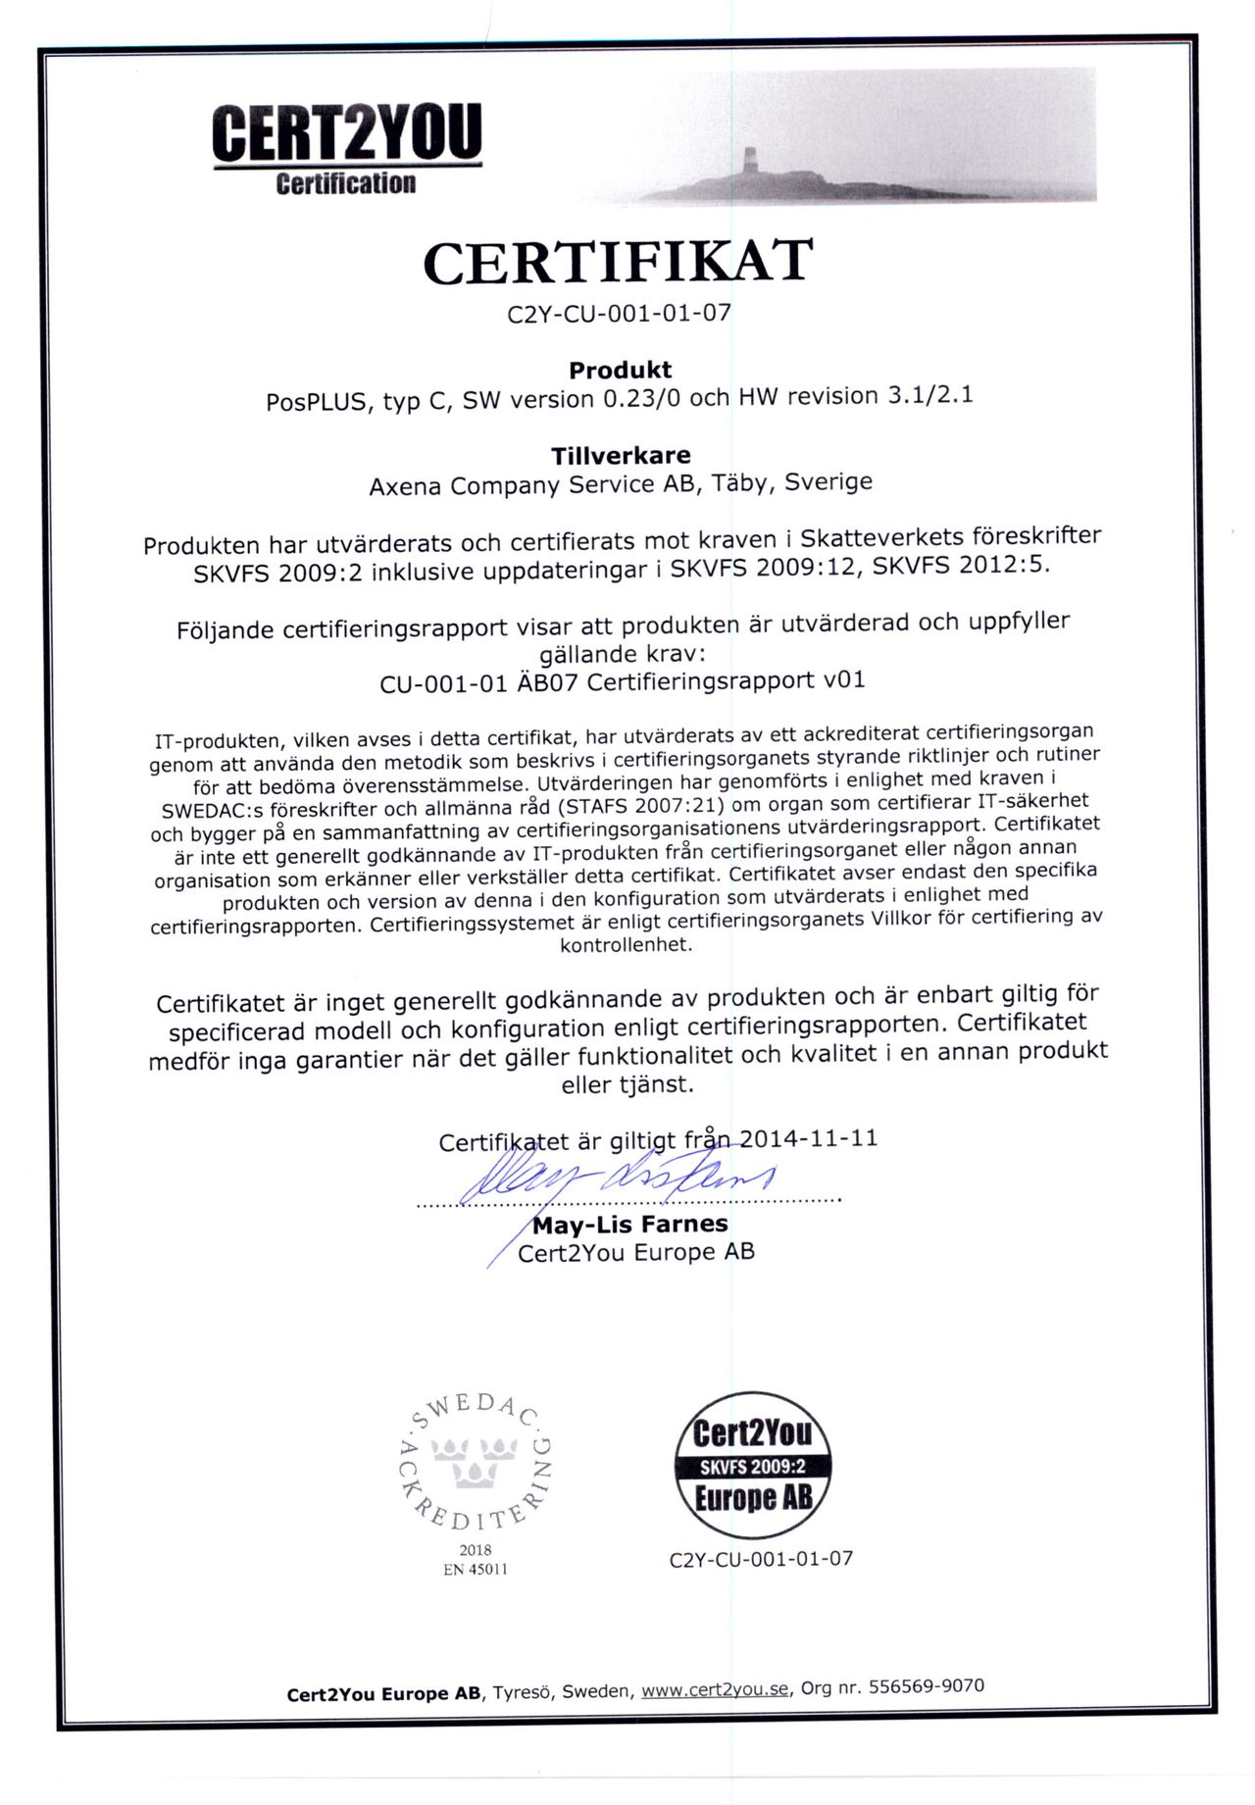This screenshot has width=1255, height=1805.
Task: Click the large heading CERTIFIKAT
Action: (x=618, y=263)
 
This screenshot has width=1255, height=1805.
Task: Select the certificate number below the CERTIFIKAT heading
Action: (x=619, y=314)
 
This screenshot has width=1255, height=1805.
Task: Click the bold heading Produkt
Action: (x=620, y=370)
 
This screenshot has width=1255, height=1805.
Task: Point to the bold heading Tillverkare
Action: (x=620, y=455)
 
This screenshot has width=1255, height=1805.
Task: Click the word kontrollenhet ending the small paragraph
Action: (x=626, y=946)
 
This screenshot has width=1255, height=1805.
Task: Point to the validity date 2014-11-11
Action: (x=808, y=1138)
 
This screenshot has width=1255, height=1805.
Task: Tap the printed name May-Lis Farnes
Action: (x=629, y=1224)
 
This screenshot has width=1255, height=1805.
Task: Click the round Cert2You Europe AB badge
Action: (x=753, y=1465)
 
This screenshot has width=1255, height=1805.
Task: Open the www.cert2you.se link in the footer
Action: (x=715, y=1689)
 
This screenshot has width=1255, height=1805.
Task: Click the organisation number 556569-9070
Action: (x=927, y=1685)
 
